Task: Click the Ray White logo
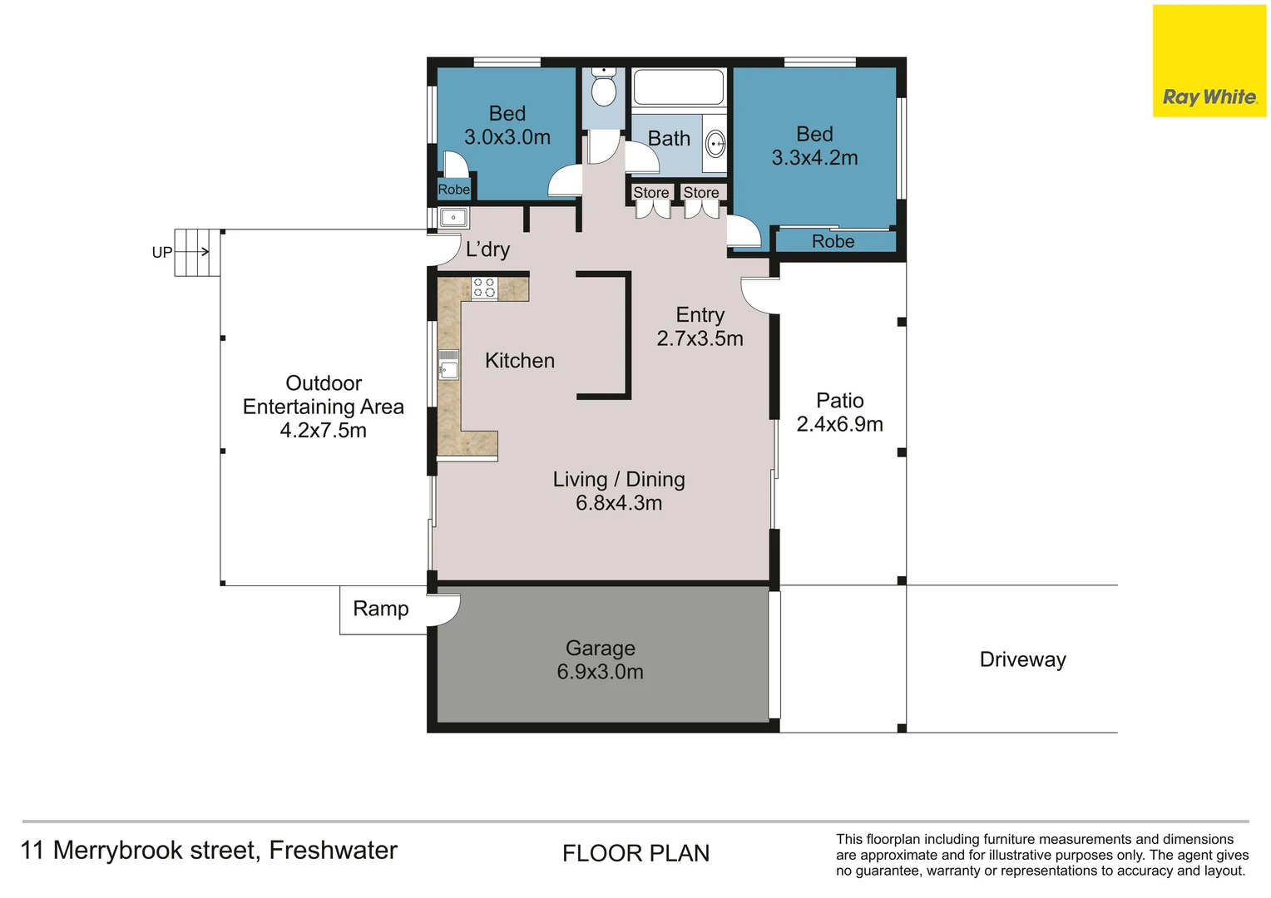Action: point(1209,62)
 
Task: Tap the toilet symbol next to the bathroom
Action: point(604,88)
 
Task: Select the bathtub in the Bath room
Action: point(678,87)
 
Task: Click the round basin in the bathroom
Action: point(715,144)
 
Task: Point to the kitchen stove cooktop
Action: point(484,288)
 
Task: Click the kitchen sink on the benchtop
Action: point(448,365)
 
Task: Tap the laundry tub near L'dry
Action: point(453,218)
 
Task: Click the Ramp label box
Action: point(382,609)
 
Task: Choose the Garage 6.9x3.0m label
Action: point(600,660)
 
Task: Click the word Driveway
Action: point(1022,659)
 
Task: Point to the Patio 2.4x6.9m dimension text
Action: point(839,424)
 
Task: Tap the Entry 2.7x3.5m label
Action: point(700,327)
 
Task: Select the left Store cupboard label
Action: point(650,193)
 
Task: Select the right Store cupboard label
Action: point(701,193)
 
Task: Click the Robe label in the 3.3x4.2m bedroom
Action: point(833,241)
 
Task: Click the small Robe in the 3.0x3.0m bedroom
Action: point(454,190)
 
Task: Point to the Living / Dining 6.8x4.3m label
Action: point(619,491)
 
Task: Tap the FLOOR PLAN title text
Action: point(635,853)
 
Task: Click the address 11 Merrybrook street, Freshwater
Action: point(209,851)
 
